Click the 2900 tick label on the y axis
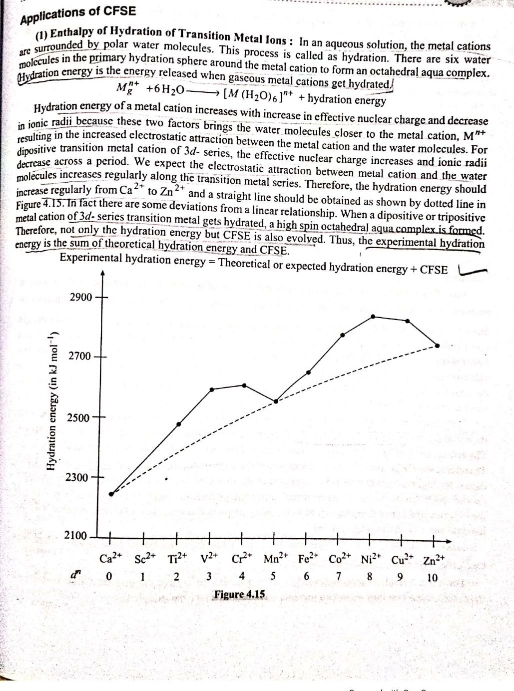pos(81,297)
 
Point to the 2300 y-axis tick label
pos(76,477)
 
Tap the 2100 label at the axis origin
pos(75,535)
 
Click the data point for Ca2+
pos(111,494)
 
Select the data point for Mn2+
pos(275,401)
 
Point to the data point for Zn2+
pos(438,345)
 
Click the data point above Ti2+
pos(179,424)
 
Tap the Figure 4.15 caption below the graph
pos(240,594)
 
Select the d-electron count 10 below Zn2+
pos(433,578)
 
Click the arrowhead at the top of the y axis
pos(102,274)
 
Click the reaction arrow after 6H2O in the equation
pos(202,91)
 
